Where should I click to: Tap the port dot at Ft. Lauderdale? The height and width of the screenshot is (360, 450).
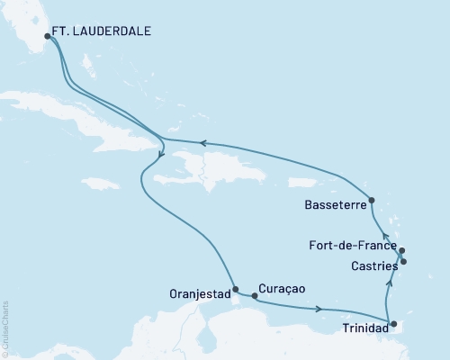click(48, 36)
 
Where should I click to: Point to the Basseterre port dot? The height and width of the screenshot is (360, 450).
click(372, 200)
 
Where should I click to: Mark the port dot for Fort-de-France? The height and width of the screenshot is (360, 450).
click(401, 251)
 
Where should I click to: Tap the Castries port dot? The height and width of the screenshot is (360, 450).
click(404, 262)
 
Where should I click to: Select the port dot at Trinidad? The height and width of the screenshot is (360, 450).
click(393, 323)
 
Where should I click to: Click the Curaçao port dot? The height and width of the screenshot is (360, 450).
click(255, 295)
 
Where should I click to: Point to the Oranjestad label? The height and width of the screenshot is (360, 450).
click(198, 292)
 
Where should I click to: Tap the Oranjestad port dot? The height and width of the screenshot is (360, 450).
click(235, 290)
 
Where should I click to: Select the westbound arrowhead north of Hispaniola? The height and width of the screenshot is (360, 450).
click(203, 142)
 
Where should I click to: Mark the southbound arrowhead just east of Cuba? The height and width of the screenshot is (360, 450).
click(159, 155)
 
